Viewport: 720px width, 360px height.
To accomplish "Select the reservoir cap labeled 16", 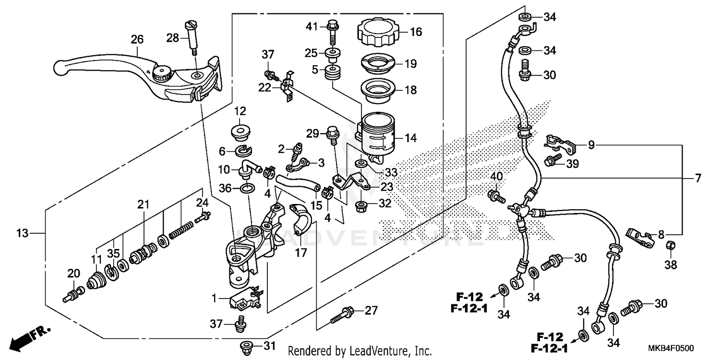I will [376, 32].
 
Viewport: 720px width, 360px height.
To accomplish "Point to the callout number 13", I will [22, 234].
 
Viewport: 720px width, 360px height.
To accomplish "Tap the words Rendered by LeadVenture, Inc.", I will [360, 351].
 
